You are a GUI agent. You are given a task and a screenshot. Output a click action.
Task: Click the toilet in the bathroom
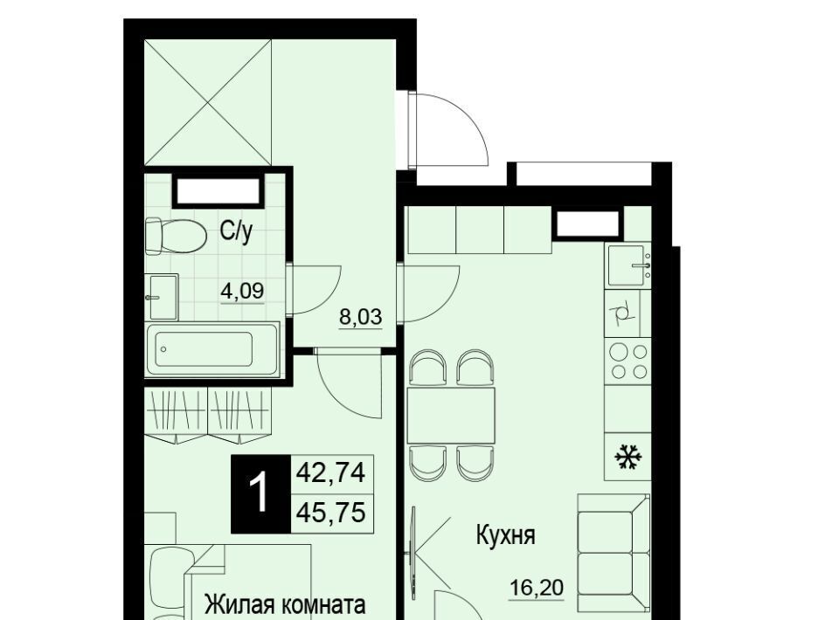pos(176,236)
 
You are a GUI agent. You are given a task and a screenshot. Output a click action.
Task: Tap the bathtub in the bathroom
pos(212,349)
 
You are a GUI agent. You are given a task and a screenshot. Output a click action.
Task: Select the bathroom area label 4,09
pos(242,291)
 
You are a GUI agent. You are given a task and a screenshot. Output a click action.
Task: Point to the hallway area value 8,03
pos(361,317)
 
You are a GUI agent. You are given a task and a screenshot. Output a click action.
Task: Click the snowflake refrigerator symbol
pos(628,458)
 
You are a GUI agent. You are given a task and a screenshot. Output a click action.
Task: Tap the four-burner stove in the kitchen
pos(628,361)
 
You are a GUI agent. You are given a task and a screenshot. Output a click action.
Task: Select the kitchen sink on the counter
pos(628,265)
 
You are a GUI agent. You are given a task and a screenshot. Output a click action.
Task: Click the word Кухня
pos(506,534)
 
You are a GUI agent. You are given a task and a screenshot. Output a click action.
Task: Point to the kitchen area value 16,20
pos(536,589)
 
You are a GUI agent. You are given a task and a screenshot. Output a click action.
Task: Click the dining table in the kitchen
pos(451,416)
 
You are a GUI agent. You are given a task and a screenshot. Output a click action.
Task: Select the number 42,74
pos(330,472)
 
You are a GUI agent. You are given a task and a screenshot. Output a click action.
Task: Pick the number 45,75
pos(330,513)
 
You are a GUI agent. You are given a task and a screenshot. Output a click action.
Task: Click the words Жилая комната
pos(285,605)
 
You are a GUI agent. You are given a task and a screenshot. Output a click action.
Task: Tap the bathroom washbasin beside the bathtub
pos(162,297)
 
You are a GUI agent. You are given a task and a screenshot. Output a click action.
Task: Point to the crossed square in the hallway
pos(208,103)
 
